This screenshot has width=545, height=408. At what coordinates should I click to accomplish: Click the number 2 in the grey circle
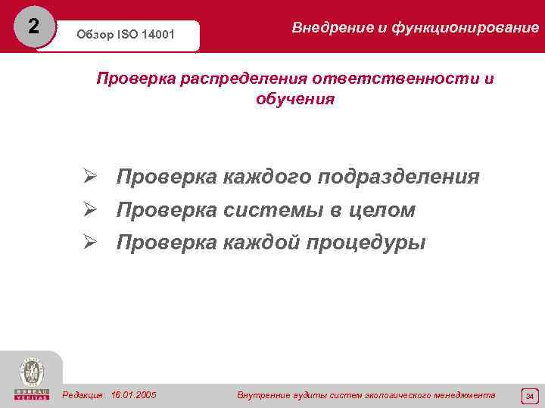tap(32, 26)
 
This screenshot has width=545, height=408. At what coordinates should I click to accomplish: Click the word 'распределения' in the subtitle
tap(244, 79)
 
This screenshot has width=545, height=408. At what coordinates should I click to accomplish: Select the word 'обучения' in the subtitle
tap(295, 99)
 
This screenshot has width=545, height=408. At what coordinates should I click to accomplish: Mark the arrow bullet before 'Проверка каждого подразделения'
tap(90, 177)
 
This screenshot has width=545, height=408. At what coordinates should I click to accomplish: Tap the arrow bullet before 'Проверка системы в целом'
tap(90, 210)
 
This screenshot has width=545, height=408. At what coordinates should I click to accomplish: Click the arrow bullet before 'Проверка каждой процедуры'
tap(90, 243)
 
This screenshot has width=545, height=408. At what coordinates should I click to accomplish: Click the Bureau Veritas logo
tap(31, 378)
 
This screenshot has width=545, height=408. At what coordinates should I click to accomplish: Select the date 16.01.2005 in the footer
tap(133, 395)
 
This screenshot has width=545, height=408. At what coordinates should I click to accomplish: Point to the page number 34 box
tap(529, 396)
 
